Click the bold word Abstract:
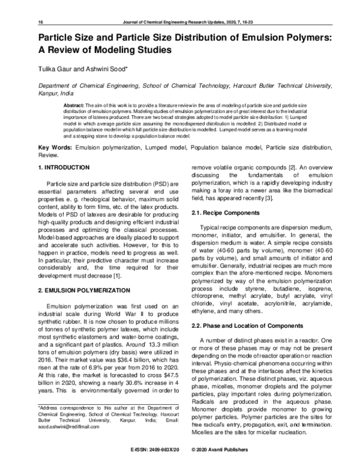coord(75,105)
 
